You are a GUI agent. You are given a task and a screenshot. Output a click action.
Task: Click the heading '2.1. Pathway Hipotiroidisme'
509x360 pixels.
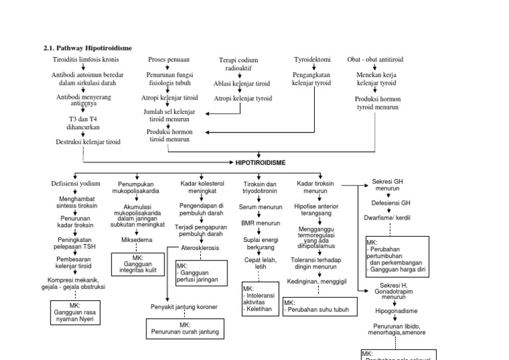click(x=87, y=48)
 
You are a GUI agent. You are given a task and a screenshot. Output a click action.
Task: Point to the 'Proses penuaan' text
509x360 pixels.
click(x=169, y=59)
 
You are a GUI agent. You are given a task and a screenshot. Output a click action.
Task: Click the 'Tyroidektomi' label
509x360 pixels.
click(x=311, y=59)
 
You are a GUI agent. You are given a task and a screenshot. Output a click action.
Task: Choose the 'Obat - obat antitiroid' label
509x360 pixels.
click(x=375, y=59)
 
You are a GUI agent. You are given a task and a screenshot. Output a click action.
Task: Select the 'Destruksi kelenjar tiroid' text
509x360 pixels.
click(x=88, y=142)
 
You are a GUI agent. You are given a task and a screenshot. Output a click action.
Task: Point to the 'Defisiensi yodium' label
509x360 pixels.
click(x=76, y=183)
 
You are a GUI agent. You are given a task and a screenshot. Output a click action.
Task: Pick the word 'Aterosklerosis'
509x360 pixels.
click(x=200, y=247)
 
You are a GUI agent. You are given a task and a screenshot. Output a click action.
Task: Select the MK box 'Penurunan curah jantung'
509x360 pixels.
click(x=185, y=328)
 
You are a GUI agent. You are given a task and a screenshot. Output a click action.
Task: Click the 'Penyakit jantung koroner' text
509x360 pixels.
click(x=185, y=307)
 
